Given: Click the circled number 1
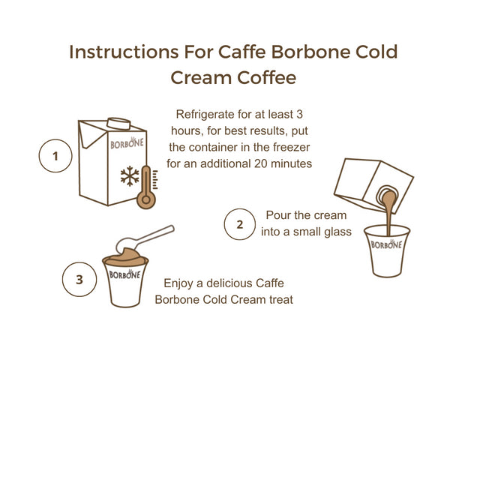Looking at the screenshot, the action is click(x=55, y=156).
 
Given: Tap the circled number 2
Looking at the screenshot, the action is click(x=240, y=224).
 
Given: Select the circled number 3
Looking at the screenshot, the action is click(x=79, y=279).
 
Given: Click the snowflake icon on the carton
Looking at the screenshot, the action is click(x=130, y=176).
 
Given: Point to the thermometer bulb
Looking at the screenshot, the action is click(x=146, y=200).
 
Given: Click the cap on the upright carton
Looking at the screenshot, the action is click(x=118, y=123).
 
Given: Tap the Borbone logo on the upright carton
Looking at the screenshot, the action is click(x=127, y=143).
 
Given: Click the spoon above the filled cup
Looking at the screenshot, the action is click(x=144, y=238).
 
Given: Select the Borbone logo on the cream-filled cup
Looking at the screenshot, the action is click(x=124, y=274).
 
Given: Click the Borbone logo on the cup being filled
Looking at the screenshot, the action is click(x=386, y=244).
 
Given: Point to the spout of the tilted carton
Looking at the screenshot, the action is click(x=387, y=195).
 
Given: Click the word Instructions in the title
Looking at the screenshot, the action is click(x=124, y=52).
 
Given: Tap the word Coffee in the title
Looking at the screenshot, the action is click(x=267, y=77).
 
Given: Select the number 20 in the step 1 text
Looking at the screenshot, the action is click(x=261, y=163).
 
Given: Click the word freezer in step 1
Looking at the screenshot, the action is click(x=292, y=147).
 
